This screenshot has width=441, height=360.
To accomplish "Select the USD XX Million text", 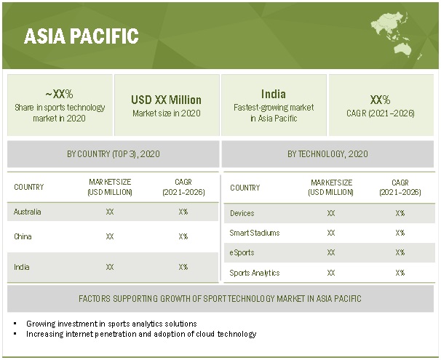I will click(x=166, y=100).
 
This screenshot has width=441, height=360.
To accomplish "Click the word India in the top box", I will click(x=273, y=94).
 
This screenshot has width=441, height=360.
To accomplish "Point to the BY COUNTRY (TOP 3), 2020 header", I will click(x=113, y=154).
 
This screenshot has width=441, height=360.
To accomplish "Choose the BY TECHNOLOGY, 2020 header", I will click(x=329, y=154).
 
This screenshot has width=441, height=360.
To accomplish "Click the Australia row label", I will click(x=28, y=212).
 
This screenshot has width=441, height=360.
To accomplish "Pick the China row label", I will click(x=23, y=236).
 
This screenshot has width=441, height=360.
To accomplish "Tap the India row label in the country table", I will click(x=22, y=267).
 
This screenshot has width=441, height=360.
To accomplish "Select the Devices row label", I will click(x=242, y=213).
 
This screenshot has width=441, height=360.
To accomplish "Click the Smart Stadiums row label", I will click(x=255, y=233).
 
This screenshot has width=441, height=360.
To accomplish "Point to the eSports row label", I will click(x=243, y=252).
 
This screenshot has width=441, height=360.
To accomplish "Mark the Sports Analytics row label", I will click(x=255, y=273).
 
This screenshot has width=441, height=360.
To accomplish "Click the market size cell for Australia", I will click(x=110, y=212).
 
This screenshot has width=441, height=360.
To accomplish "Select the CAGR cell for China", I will click(x=183, y=236).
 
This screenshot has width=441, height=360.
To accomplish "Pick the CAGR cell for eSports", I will click(x=400, y=252).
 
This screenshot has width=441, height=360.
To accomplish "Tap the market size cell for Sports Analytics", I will click(x=331, y=273).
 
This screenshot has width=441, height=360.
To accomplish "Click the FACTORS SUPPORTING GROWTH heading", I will click(x=220, y=299).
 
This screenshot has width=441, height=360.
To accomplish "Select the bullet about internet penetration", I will click(x=141, y=335).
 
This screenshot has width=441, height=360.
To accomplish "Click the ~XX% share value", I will click(x=59, y=94).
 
